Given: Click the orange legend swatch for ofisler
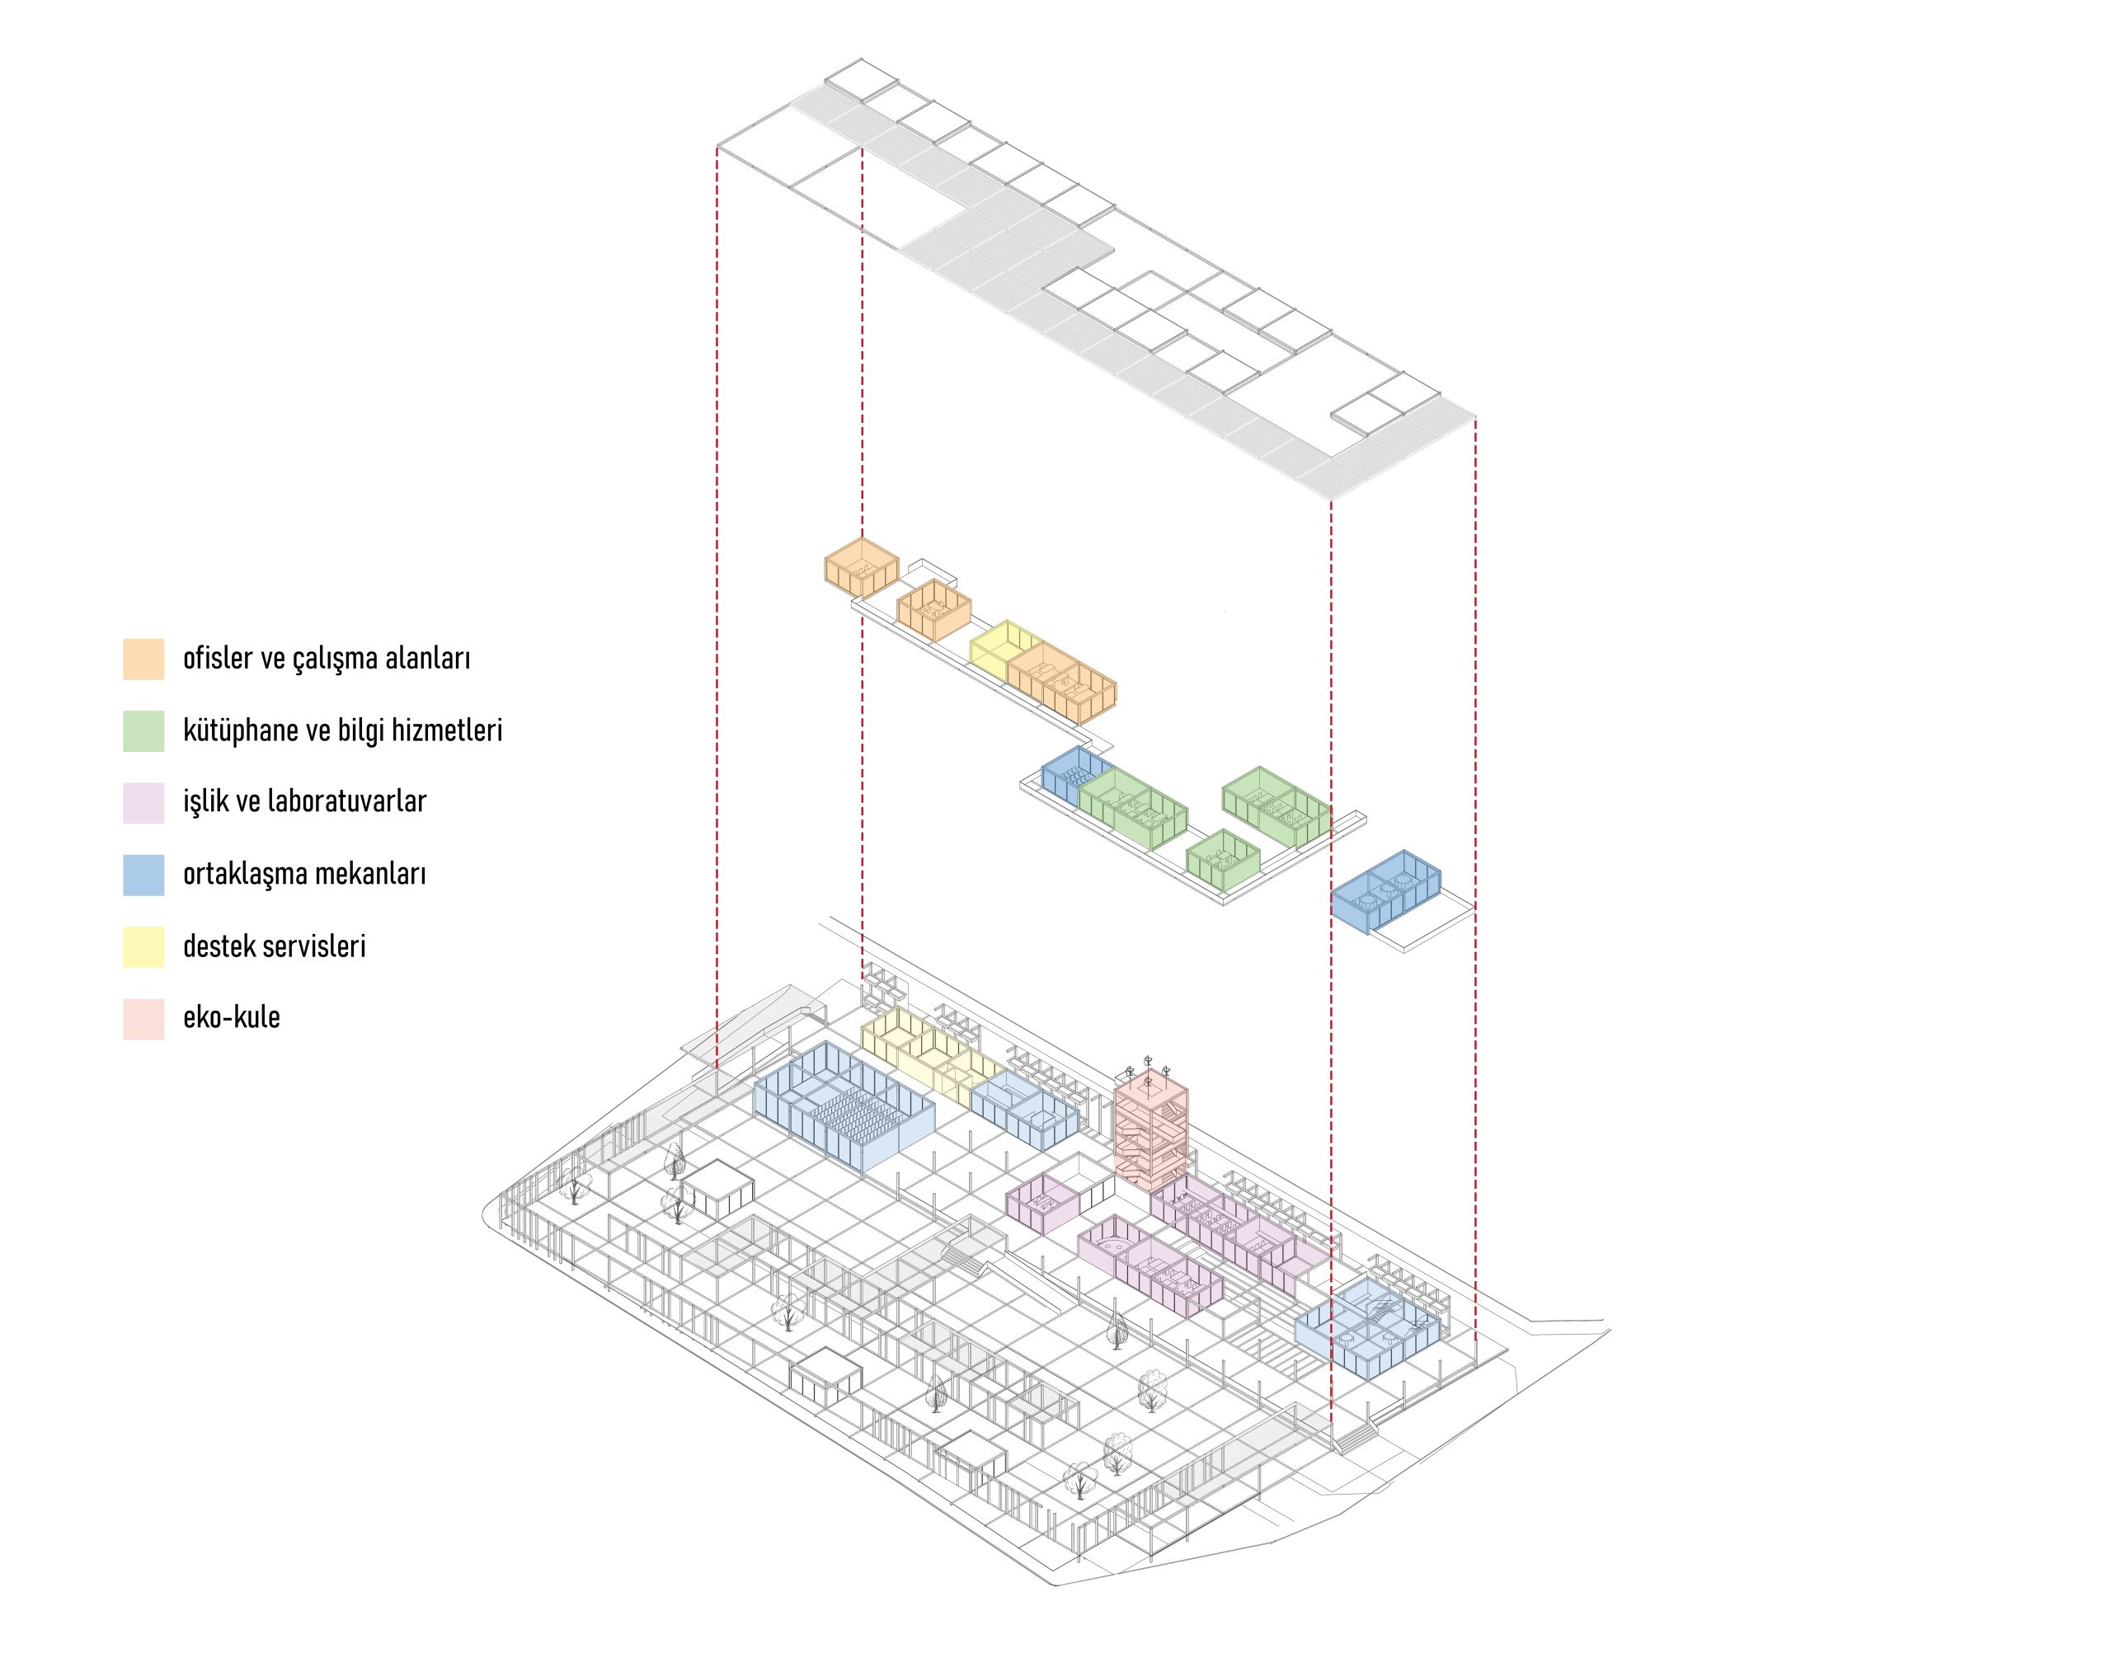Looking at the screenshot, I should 143,659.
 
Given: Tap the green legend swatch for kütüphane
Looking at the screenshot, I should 143,730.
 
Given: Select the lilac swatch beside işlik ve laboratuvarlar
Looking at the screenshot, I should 143,803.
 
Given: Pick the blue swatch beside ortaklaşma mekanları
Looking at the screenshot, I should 143,874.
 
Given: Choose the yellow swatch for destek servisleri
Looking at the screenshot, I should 143,946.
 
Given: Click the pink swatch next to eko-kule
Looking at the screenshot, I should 143,1018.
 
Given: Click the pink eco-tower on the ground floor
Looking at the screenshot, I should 1151,1131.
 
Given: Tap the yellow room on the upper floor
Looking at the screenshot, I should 999,652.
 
